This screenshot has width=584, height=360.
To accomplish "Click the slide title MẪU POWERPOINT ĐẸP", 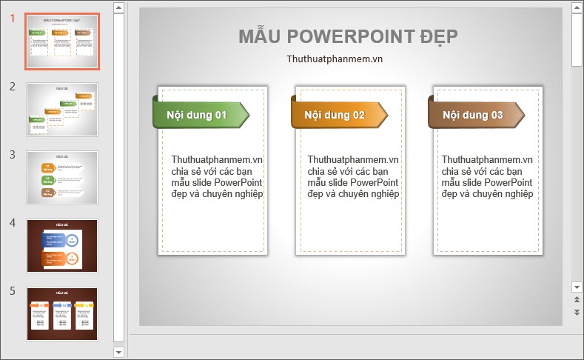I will point(348,36).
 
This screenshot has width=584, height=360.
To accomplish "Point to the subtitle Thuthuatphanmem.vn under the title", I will point(335,59).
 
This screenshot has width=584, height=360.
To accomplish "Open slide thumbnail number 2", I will point(62,109).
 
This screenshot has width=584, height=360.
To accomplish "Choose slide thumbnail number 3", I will point(62,177).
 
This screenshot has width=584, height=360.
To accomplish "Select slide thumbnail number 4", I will point(62,245).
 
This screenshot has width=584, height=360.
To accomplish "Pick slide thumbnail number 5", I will point(62,313).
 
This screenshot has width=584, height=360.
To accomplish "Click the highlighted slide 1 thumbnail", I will point(62,41).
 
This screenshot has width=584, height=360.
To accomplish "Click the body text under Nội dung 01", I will point(217,176).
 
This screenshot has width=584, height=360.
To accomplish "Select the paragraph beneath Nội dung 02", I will point(353,176).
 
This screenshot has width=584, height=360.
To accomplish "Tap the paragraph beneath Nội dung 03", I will point(487,176).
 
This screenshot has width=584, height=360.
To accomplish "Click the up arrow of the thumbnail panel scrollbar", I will point(118,7).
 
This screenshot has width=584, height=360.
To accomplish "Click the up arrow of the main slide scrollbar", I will point(577,7).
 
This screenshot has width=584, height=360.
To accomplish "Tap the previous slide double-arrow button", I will point(577,300).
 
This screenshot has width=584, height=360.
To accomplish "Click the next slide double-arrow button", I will point(577,313).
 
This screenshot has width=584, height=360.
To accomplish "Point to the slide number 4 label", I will point(13,222).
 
